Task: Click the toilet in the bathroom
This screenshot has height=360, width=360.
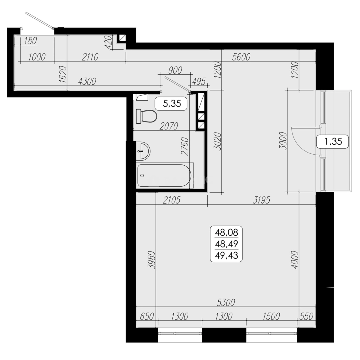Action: [x=147, y=116]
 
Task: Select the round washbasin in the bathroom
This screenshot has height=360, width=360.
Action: [x=143, y=151]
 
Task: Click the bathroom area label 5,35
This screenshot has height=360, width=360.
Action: [x=171, y=104]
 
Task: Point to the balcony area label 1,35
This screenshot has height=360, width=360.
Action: [x=332, y=142]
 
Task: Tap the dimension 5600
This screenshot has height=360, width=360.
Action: [x=241, y=57]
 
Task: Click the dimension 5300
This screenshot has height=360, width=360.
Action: [x=226, y=302]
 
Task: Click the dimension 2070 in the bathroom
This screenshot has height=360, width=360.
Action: [x=169, y=126]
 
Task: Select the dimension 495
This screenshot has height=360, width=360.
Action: [x=198, y=81]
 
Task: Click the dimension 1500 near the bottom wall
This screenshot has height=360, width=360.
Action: [x=271, y=316]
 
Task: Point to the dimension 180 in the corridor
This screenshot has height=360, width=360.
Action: [x=30, y=41]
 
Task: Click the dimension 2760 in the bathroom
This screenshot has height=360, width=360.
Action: [x=186, y=147]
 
